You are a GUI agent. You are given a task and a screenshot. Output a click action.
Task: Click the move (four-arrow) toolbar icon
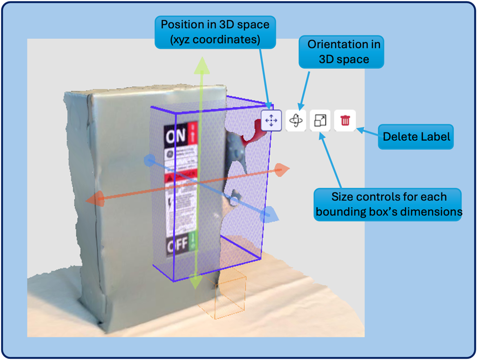pyautogui.click(x=271, y=121)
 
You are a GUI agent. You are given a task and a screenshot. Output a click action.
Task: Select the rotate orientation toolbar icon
pyautogui.click(x=296, y=121)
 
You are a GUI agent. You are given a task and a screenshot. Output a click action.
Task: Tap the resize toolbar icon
pyautogui.click(x=320, y=121)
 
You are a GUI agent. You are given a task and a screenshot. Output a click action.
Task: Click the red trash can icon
pyautogui.click(x=345, y=121)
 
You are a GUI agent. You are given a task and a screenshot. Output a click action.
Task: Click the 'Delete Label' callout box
pyautogui.click(x=416, y=137)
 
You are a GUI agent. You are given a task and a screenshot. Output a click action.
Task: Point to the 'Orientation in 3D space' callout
pyautogui.click(x=342, y=52)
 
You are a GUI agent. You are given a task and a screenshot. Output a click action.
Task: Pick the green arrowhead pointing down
pyautogui.click(x=197, y=281)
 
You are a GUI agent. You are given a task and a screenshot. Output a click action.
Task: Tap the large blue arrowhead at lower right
pyautogui.click(x=269, y=214)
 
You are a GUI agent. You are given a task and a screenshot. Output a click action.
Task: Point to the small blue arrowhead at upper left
pyautogui.click(x=150, y=160)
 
